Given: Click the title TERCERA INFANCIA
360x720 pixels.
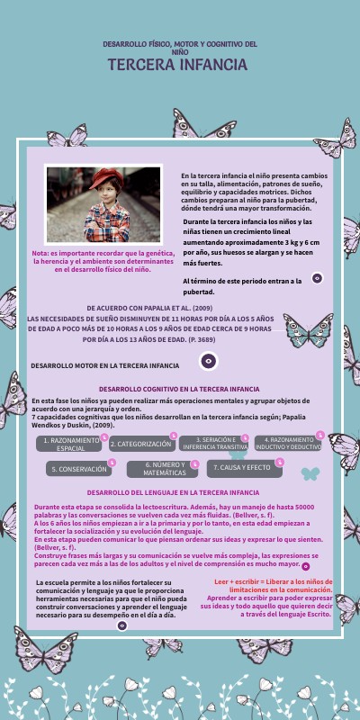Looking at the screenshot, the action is tap(177, 65).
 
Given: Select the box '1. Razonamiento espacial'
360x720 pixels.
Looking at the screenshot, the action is tap(71, 444).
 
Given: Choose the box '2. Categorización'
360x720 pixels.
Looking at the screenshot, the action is tap(141, 444).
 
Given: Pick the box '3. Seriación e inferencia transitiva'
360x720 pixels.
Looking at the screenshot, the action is tap(214, 444).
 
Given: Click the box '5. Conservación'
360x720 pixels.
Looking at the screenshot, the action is tap(79, 469).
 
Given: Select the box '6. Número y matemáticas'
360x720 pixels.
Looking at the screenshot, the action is tap(164, 469).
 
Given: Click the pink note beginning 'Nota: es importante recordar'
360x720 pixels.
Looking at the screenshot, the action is tap(102, 261).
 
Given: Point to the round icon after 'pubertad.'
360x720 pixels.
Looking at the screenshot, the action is tap(317, 279).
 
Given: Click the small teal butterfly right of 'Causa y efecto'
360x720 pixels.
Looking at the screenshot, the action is tap(310, 472).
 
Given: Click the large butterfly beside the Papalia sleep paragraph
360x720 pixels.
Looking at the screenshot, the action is tap(308, 330).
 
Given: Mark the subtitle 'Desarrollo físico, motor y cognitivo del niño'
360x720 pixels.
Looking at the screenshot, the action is tap(180, 47).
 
